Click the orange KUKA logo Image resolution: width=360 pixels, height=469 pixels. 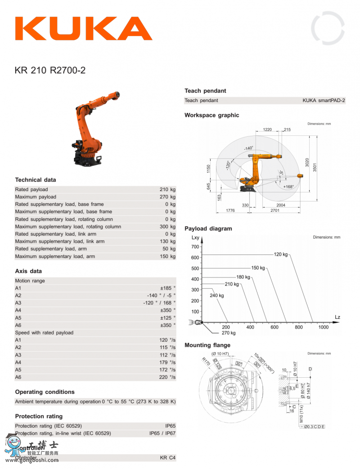pos(84,28)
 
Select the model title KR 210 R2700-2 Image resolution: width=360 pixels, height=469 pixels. pos(50,70)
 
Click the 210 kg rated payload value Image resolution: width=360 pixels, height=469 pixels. pos(167,190)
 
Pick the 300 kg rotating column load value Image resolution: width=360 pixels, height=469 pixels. pos(167,227)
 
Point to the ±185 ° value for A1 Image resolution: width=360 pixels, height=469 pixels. pos(167,288)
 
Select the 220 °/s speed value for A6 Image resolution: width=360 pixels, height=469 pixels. pos(167,377)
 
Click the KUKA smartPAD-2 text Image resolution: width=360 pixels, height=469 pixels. pos(324,101)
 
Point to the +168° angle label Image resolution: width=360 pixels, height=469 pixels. pos(288,187)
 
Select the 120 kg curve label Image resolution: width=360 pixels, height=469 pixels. pos(280,255)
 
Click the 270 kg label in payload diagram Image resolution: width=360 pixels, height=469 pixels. pos(229,333)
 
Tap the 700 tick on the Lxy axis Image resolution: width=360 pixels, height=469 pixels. pos(195,247)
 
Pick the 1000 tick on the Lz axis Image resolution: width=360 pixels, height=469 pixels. pos(323,327)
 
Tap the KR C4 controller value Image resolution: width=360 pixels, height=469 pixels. pos(167,458)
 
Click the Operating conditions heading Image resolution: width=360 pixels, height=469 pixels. pos(45,392)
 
